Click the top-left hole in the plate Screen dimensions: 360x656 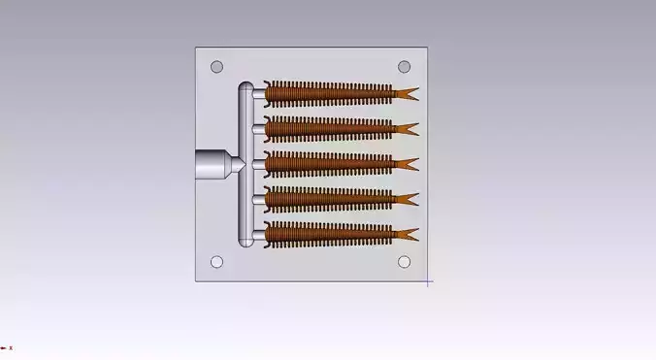(217, 67)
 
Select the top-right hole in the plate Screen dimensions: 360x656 (405, 67)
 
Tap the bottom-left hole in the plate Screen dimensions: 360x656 (217, 262)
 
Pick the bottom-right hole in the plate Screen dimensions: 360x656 (405, 262)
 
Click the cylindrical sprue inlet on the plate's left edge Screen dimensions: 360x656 (209, 164)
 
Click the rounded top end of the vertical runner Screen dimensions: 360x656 (246, 88)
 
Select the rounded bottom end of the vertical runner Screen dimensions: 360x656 (246, 239)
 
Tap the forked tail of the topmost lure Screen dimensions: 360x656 (407, 93)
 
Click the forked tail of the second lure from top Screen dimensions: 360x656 (407, 129)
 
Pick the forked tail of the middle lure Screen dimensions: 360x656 (407, 164)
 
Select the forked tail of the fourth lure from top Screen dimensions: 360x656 (407, 199)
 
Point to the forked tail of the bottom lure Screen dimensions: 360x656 (407, 234)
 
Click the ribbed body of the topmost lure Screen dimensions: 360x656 (330, 93)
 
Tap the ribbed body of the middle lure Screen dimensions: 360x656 (330, 163)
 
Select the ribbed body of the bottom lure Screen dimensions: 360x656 (330, 233)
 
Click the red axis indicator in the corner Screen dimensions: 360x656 (5, 347)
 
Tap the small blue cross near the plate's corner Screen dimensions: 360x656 (428, 282)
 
